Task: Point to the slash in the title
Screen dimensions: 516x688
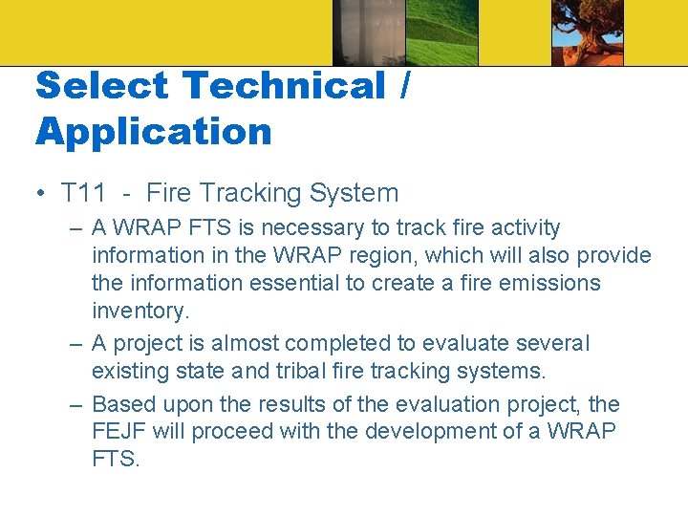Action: tap(406, 86)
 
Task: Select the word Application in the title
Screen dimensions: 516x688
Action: tap(154, 131)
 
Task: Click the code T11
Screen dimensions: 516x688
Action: tap(83, 193)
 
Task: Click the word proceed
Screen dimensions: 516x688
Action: tap(229, 432)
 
